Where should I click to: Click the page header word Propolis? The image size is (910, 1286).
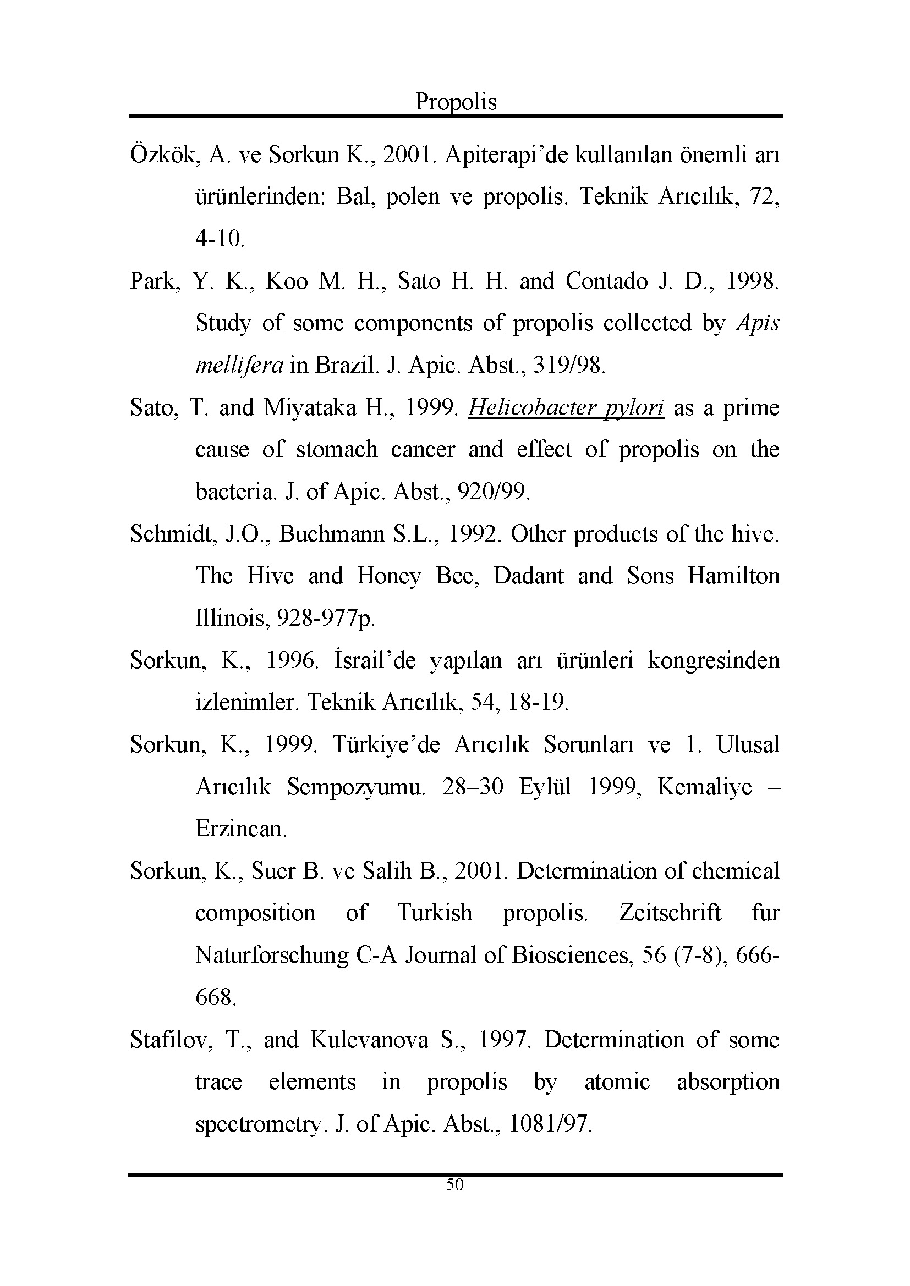click(x=456, y=102)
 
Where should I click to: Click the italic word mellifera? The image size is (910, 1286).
click(x=239, y=366)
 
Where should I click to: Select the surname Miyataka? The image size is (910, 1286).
click(x=309, y=408)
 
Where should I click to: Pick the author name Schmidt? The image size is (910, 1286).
click(x=173, y=534)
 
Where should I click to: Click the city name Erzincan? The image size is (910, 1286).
click(x=241, y=829)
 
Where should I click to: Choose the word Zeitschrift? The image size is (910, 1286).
click(x=670, y=913)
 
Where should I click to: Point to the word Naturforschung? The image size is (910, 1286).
click(x=272, y=956)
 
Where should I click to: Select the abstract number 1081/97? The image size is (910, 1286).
click(x=550, y=1124)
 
